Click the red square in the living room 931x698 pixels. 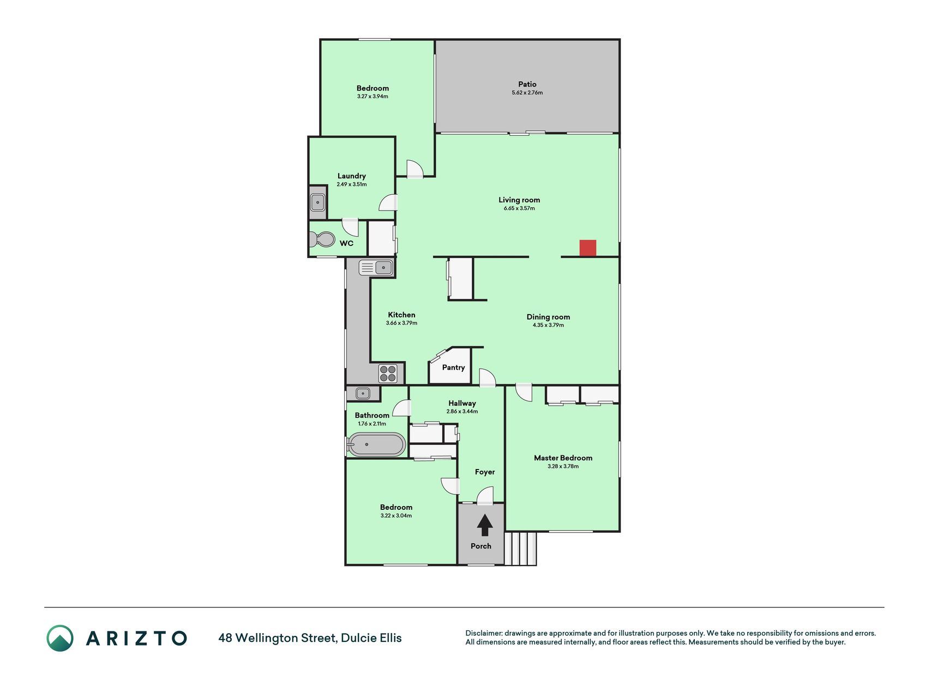(587, 248)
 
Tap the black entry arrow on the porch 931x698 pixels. (485, 526)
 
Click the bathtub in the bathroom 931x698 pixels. (376, 444)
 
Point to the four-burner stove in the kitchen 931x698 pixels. (388, 374)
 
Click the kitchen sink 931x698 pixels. (376, 268)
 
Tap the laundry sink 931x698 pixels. (317, 202)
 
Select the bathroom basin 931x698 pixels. (363, 393)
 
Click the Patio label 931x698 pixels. (527, 84)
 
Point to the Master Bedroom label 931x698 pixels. (563, 458)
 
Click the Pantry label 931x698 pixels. (453, 368)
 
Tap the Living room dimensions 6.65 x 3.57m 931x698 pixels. (519, 208)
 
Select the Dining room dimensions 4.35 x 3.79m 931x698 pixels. (548, 325)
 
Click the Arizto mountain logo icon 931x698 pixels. (60, 638)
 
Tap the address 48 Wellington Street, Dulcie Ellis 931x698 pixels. (310, 638)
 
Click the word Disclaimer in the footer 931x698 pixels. (483, 633)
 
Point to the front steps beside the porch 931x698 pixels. (520, 549)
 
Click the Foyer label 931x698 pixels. (485, 472)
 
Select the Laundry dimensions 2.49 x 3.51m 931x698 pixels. (352, 184)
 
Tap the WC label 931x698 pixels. (346, 243)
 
